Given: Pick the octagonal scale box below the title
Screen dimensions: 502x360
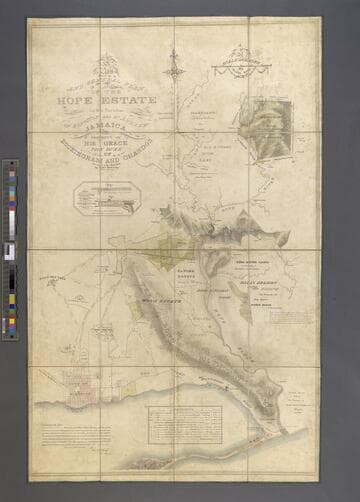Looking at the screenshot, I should click(x=107, y=195).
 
